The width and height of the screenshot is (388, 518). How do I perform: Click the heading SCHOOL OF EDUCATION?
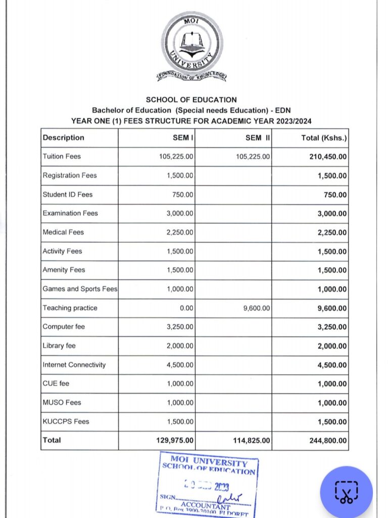click(191, 100)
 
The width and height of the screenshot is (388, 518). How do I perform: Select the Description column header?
click(64, 138)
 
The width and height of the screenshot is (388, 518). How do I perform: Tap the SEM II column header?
click(257, 138)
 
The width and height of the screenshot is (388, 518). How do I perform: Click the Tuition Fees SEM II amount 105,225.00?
click(253, 157)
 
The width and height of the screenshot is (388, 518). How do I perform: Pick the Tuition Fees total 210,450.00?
click(328, 157)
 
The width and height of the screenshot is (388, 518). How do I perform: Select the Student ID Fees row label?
click(68, 194)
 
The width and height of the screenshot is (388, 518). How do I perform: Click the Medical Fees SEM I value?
click(180, 232)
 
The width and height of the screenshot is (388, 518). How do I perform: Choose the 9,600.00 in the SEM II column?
click(257, 308)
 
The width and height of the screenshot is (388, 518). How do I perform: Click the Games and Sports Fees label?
click(80, 289)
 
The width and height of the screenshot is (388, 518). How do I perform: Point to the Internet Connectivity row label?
click(74, 365)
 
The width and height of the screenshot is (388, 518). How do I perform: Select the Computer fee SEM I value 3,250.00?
click(180, 327)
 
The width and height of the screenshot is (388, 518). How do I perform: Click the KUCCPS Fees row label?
click(66, 421)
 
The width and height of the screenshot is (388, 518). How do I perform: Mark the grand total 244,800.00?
click(328, 441)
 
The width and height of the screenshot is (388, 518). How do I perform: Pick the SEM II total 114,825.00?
click(252, 441)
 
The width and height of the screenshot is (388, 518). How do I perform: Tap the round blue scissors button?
click(346, 492)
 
